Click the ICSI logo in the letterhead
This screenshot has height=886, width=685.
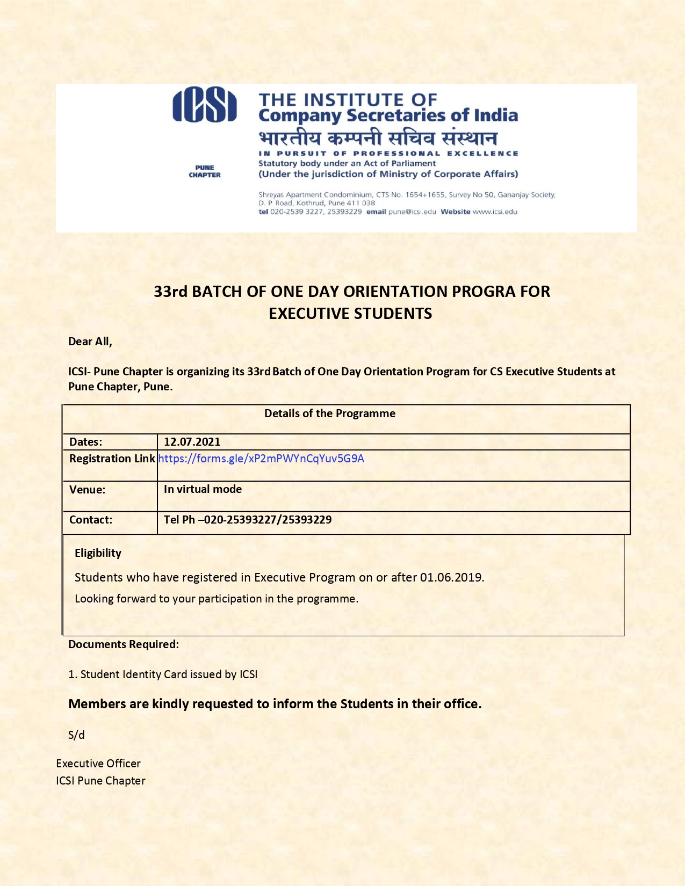click(204, 106)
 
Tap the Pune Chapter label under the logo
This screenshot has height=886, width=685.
click(205, 171)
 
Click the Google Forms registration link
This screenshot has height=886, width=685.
click(261, 459)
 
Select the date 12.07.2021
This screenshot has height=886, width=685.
click(192, 442)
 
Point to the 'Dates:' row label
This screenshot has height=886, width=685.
click(86, 442)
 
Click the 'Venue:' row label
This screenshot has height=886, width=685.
click(88, 490)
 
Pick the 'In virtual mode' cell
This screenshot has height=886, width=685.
click(203, 489)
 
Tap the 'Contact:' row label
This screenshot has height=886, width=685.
click(91, 520)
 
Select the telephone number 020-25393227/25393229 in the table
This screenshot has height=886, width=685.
click(267, 520)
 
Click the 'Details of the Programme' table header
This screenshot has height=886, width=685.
click(330, 413)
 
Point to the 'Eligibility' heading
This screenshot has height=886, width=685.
click(98, 553)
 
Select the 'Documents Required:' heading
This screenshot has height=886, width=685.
click(124, 644)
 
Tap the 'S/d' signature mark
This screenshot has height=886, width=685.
click(76, 735)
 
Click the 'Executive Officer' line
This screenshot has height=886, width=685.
click(98, 764)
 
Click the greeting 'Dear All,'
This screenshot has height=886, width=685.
click(90, 342)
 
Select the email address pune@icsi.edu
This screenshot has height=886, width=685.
click(412, 212)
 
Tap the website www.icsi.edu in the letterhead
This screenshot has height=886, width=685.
click(495, 212)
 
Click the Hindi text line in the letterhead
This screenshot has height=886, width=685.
click(378, 138)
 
